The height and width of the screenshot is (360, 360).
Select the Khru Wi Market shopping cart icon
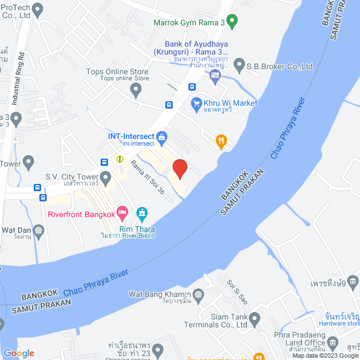pos(196,103)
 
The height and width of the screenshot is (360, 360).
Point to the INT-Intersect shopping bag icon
pos(161,136)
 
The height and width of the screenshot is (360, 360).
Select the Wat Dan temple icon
pos(38,230)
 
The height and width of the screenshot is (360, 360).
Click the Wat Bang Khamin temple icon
pos(198,294)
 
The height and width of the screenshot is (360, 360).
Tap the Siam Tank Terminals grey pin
pos(254,319)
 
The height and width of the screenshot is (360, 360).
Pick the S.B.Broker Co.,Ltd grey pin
pos(239,66)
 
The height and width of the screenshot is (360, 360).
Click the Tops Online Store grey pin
pos(133,89)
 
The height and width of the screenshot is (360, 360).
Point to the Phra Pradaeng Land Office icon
pos(332,343)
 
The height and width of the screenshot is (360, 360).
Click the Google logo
pos(18,353)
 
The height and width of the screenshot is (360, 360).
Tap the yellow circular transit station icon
pos(119,159)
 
